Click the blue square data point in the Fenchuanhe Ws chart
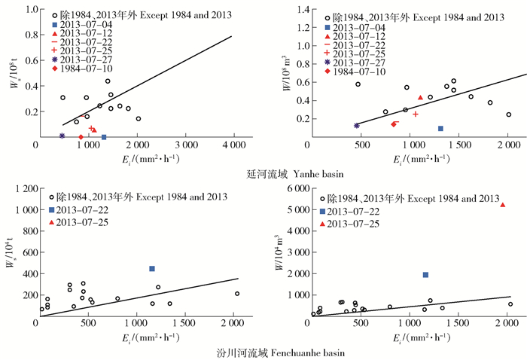(x=151, y=269)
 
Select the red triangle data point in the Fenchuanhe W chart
(x=503, y=205)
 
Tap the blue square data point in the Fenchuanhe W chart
(x=425, y=275)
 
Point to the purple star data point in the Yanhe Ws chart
(x=62, y=136)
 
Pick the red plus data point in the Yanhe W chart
(x=415, y=114)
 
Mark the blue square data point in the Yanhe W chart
(x=440, y=128)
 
